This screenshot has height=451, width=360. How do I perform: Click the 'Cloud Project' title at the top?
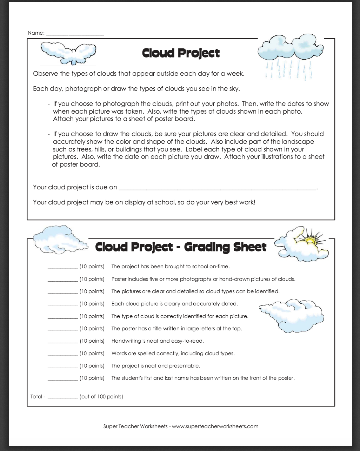pos(181,53)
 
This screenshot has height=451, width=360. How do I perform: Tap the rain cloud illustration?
pos(291,48)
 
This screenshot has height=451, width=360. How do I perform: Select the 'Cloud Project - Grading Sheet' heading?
pos(181,247)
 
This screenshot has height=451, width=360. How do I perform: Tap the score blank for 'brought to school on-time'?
pos(62,267)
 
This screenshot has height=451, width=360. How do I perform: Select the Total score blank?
pos(62,397)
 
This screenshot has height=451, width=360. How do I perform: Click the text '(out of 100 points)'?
pos(101,397)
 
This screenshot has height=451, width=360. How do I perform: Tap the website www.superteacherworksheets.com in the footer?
pos(215,426)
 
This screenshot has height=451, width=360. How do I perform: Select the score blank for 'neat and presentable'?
pos(62,366)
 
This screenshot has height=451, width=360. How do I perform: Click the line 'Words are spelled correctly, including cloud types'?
pos(173,354)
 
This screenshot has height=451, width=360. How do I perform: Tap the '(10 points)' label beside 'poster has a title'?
pos(92,329)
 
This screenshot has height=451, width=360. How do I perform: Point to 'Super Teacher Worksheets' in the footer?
pos(135,426)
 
